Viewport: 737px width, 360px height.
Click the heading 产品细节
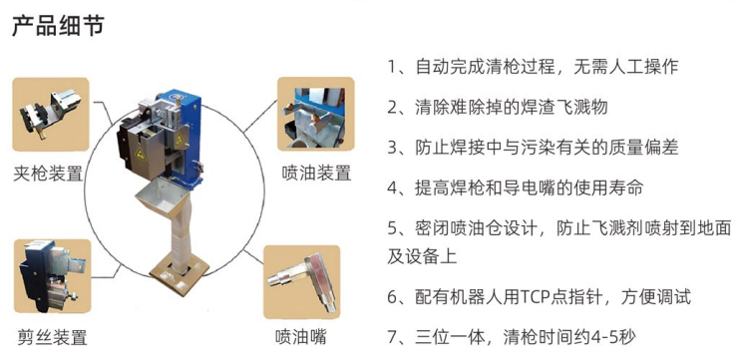point(58,26)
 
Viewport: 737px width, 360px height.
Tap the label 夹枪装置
point(49,174)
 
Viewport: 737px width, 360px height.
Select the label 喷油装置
point(317,173)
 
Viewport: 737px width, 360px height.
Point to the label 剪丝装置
point(52,337)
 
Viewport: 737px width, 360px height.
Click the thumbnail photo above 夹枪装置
point(51,115)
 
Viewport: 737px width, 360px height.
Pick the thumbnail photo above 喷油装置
point(315,114)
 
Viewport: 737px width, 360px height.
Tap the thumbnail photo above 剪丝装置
point(52,276)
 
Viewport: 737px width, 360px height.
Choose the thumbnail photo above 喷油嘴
point(301,282)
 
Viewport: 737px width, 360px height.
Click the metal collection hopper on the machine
point(160,198)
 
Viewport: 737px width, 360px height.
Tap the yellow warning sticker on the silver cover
point(141,154)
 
